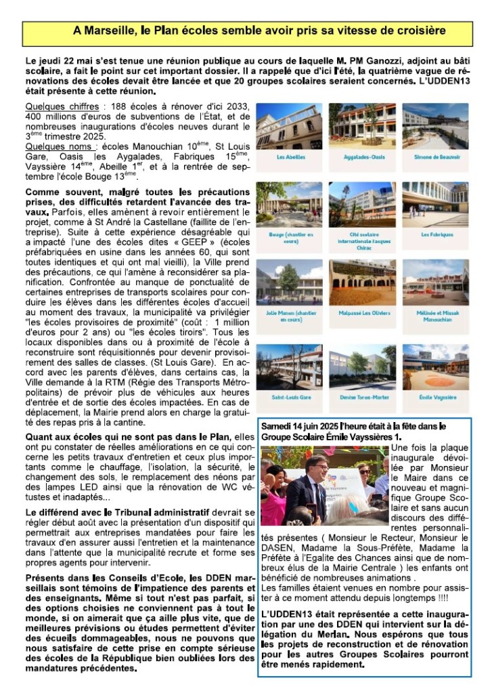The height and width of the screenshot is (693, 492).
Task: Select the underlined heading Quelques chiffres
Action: pyautogui.click(x=51, y=107)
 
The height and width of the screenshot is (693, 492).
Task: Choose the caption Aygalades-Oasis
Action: pyautogui.click(x=362, y=156)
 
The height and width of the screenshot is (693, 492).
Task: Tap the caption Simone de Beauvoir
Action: pyautogui.click(x=437, y=156)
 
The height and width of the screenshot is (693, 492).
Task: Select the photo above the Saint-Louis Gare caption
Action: pyautogui.click(x=289, y=366)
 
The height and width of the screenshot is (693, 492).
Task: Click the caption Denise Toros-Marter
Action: pyautogui.click(x=362, y=397)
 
